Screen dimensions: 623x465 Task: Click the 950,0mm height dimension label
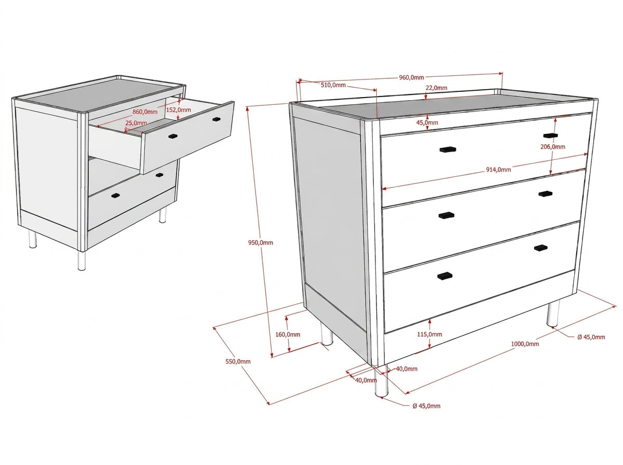coord(260,242)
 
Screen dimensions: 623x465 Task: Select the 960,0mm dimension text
coord(411,77)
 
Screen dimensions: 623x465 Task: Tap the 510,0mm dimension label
coord(333,85)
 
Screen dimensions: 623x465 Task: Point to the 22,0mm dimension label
coord(436,88)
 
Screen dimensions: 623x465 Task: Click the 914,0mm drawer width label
coord(498,170)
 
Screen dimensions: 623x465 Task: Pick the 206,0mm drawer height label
coord(552,147)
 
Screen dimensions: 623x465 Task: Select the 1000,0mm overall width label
coord(525,344)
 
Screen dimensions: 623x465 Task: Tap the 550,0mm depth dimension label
coord(238,361)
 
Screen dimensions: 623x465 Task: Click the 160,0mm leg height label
coord(288,335)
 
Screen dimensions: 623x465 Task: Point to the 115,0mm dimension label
coord(429,335)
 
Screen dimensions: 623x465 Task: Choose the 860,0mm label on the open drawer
coord(145,112)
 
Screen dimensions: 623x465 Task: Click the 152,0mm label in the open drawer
coord(178,110)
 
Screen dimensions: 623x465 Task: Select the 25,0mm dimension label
coord(136,123)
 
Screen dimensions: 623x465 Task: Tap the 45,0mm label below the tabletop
coord(427,122)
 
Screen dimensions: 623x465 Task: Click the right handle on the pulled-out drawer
coord(216,119)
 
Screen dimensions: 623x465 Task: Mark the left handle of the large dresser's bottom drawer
coord(445,276)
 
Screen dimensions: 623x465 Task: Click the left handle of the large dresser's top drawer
coord(448,149)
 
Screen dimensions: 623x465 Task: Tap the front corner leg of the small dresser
coord(82,260)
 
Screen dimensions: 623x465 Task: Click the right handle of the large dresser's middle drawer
coord(545,194)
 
